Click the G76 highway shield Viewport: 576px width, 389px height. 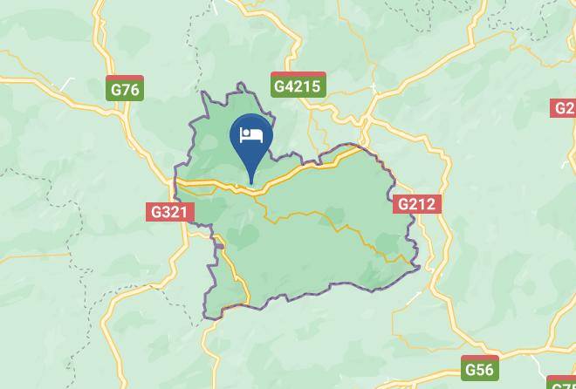[125, 89]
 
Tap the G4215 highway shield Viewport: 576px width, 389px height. [298, 85]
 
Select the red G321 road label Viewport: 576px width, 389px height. [169, 212]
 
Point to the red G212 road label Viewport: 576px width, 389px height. [417, 204]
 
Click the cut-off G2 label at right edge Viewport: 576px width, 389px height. [564, 108]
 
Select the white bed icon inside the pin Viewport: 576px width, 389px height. [251, 134]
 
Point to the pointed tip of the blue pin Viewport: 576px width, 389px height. [251, 183]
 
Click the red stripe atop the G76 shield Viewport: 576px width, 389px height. [125, 78]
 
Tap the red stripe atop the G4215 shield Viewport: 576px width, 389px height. [298, 74]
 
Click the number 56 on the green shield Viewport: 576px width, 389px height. [484, 370]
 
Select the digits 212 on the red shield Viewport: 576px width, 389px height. [422, 204]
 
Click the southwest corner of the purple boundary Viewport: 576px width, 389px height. [207, 317]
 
